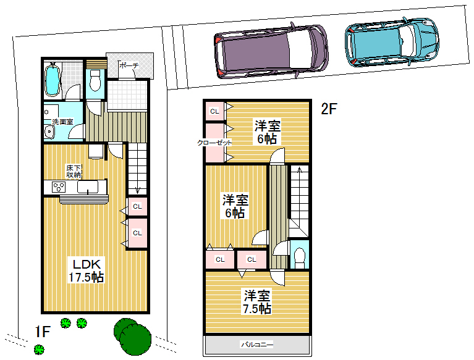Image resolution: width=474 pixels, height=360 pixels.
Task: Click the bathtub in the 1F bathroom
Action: point(53,79)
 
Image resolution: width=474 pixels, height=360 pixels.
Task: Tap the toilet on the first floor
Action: point(95,81)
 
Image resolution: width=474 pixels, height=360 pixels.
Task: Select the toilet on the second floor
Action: point(299,258)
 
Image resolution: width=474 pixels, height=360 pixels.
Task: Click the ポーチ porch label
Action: point(129,65)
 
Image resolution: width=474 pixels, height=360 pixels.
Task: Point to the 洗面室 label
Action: point(62,122)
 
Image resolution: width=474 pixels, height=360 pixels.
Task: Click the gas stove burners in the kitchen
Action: point(59,187)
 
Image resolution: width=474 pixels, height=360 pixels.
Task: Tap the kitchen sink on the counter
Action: point(88,187)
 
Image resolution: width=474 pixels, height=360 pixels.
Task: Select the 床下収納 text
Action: point(74,171)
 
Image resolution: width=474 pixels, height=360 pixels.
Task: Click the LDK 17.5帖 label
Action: point(87,270)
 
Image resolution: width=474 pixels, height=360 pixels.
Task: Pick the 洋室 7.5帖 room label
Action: point(257,302)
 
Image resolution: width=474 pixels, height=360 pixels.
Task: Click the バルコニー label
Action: point(257,345)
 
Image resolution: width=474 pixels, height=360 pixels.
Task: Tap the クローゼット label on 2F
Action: point(214,143)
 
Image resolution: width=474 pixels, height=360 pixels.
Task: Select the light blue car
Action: point(392,41)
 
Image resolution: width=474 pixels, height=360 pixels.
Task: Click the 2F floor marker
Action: point(329,109)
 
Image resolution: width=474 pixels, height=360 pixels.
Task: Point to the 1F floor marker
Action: point(42,332)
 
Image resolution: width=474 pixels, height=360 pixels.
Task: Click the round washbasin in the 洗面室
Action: point(49,132)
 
